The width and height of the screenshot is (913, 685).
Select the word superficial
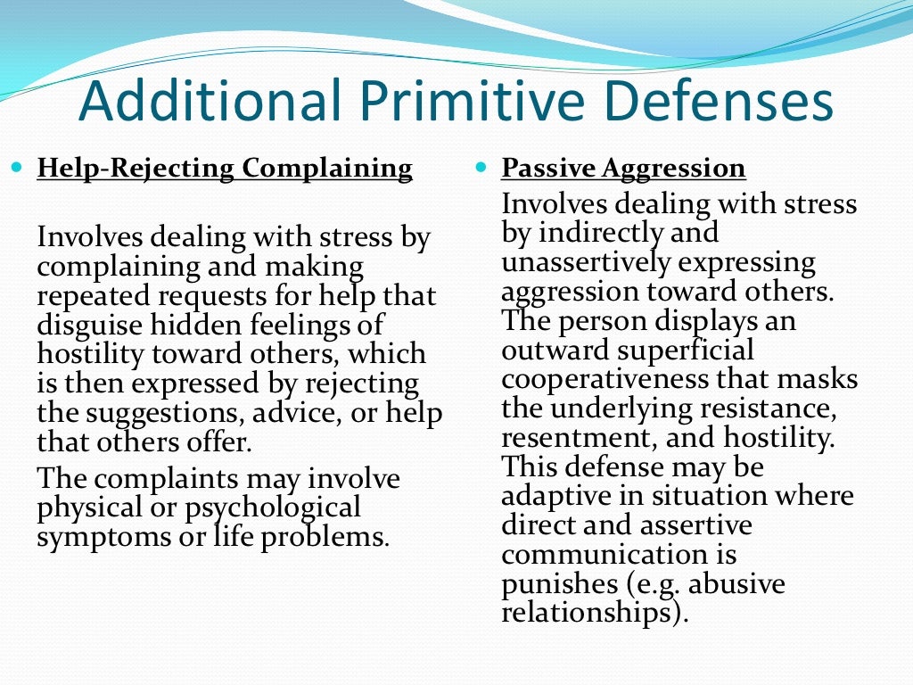click(x=678, y=351)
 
